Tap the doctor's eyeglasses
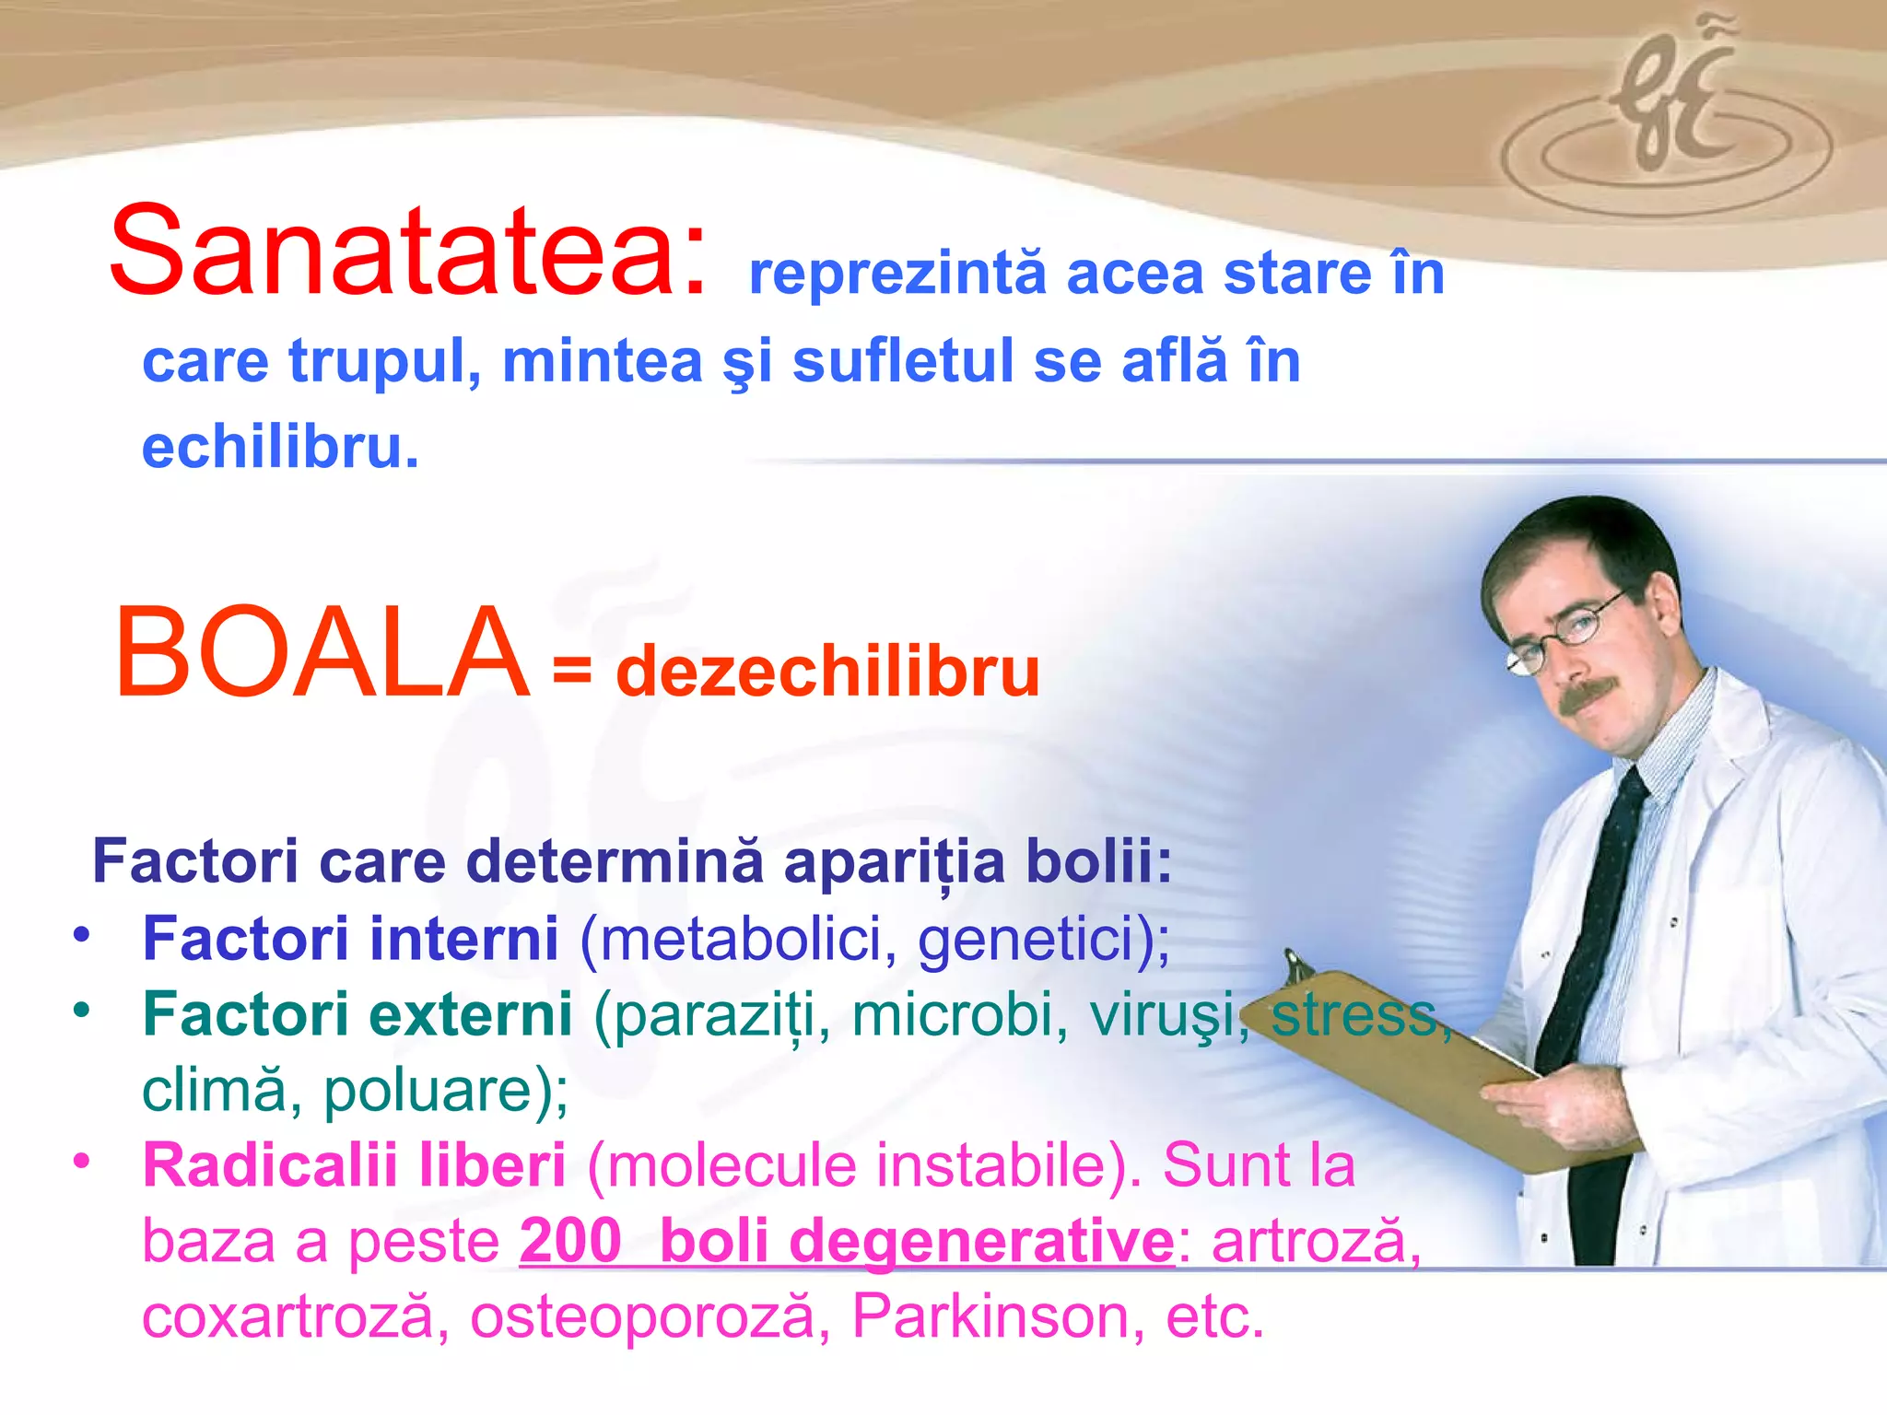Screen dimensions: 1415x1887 (x=1566, y=636)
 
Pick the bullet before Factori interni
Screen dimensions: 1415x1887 (x=82, y=934)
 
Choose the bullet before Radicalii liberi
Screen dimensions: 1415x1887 (x=82, y=1161)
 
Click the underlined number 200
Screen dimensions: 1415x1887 (x=570, y=1240)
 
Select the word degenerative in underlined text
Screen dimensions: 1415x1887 (x=981, y=1242)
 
